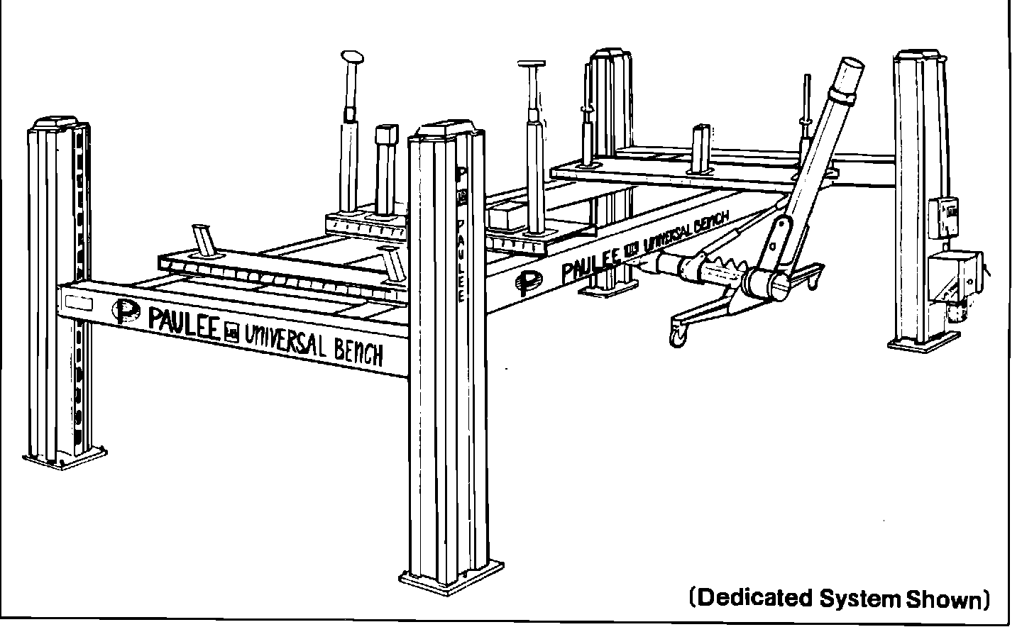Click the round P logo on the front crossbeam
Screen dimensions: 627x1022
126,311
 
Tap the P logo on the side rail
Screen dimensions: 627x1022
527,283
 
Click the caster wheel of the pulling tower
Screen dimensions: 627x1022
678,337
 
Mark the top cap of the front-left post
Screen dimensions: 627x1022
60,124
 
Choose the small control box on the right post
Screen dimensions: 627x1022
943,216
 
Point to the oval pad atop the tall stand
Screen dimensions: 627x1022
351,56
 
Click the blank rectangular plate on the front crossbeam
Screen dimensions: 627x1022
79,302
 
